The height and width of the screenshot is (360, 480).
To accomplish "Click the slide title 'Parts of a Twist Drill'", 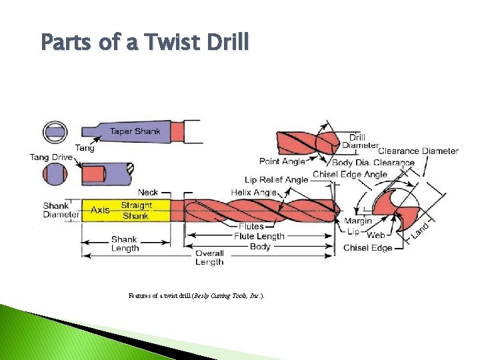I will coord(145,43).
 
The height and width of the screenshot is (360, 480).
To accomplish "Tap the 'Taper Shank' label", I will coord(135,131).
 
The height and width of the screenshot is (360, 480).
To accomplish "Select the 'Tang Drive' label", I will coord(51,157).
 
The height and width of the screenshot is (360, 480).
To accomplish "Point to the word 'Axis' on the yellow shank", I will coord(100,210).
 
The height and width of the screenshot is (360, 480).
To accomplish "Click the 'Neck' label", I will coord(148,193).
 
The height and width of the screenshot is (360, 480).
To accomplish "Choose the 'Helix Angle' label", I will coord(253,192).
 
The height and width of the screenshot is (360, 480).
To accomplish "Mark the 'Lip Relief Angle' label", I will coord(276,179).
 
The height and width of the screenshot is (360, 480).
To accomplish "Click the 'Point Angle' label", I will coord(282,161).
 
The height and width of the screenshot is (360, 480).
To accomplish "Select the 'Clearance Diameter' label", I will coord(418,151).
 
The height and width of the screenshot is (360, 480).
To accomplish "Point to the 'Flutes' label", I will coord(251,227).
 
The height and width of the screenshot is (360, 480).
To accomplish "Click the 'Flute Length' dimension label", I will coord(259,236).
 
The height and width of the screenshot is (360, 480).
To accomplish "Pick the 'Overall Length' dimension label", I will coord(209,257).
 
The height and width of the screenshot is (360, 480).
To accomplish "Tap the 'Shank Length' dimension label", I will coord(125,243).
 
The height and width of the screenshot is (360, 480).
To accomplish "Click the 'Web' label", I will coord(375,235).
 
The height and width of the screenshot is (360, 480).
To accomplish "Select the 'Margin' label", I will coord(358,221).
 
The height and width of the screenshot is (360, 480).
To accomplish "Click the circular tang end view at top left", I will coord(55,132).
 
